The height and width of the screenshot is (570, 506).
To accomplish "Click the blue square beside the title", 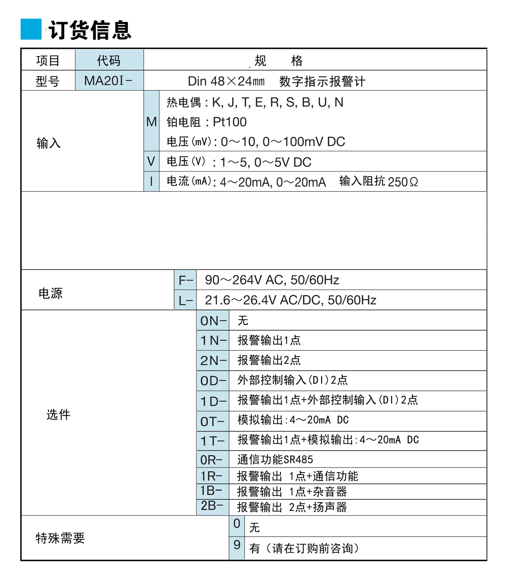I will point(31,30).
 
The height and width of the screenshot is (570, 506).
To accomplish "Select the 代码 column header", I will point(109,61).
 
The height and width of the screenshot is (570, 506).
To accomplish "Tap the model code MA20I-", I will point(108,81).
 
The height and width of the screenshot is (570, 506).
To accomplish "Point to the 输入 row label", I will point(48,143).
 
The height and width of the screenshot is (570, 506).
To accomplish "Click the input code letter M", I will point(151,122).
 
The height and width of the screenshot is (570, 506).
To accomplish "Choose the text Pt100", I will point(230,122).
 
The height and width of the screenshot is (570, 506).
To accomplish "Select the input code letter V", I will point(151,161).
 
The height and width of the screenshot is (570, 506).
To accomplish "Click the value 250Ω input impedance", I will point(403,182).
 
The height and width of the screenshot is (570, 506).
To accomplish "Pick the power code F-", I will point(186,280).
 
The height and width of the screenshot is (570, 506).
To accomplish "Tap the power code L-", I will point(186,300).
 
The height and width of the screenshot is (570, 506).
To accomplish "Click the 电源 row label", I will point(51,293).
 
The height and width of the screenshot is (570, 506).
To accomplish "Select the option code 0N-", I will point(213,321).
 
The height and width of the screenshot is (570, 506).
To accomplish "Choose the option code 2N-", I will point(213,360).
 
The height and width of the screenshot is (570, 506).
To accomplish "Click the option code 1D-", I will point(213,401).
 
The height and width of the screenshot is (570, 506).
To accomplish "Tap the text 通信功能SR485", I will point(275,460).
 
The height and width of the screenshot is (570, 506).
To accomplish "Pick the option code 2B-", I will point(212,506).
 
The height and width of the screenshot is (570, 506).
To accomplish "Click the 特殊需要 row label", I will point(60,538).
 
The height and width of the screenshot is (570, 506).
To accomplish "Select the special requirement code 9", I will point(237,545).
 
